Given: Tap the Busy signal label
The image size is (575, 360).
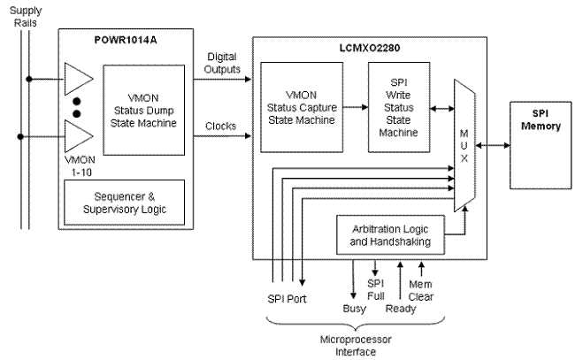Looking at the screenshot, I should pos(354,310).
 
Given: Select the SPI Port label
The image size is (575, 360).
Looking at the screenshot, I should pos(287,298).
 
